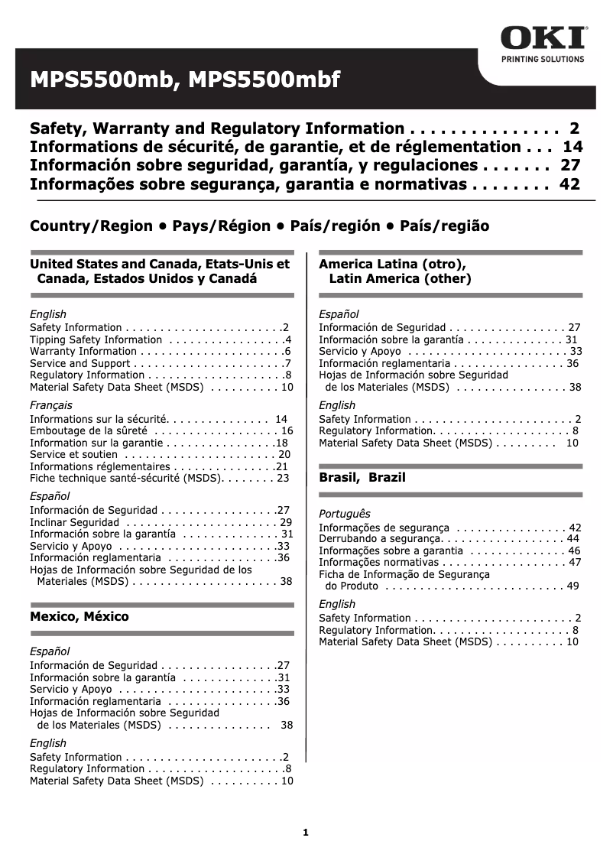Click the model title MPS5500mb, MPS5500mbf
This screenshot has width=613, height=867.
point(184,80)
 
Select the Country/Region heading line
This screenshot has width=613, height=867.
point(259,226)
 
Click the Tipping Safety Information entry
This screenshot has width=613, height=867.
point(96,339)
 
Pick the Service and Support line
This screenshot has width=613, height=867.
point(80,363)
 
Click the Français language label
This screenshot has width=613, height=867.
point(51,405)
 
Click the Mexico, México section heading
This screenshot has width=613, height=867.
point(79,616)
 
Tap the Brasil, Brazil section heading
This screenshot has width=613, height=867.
point(362,478)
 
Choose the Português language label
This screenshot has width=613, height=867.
point(344,514)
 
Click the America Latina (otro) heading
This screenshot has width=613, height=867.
point(392,265)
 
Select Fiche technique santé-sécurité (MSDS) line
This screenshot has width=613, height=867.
point(126,478)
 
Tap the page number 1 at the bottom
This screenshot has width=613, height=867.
point(305,833)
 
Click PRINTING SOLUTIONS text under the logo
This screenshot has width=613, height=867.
point(543,59)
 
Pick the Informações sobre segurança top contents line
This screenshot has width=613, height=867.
point(248,184)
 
